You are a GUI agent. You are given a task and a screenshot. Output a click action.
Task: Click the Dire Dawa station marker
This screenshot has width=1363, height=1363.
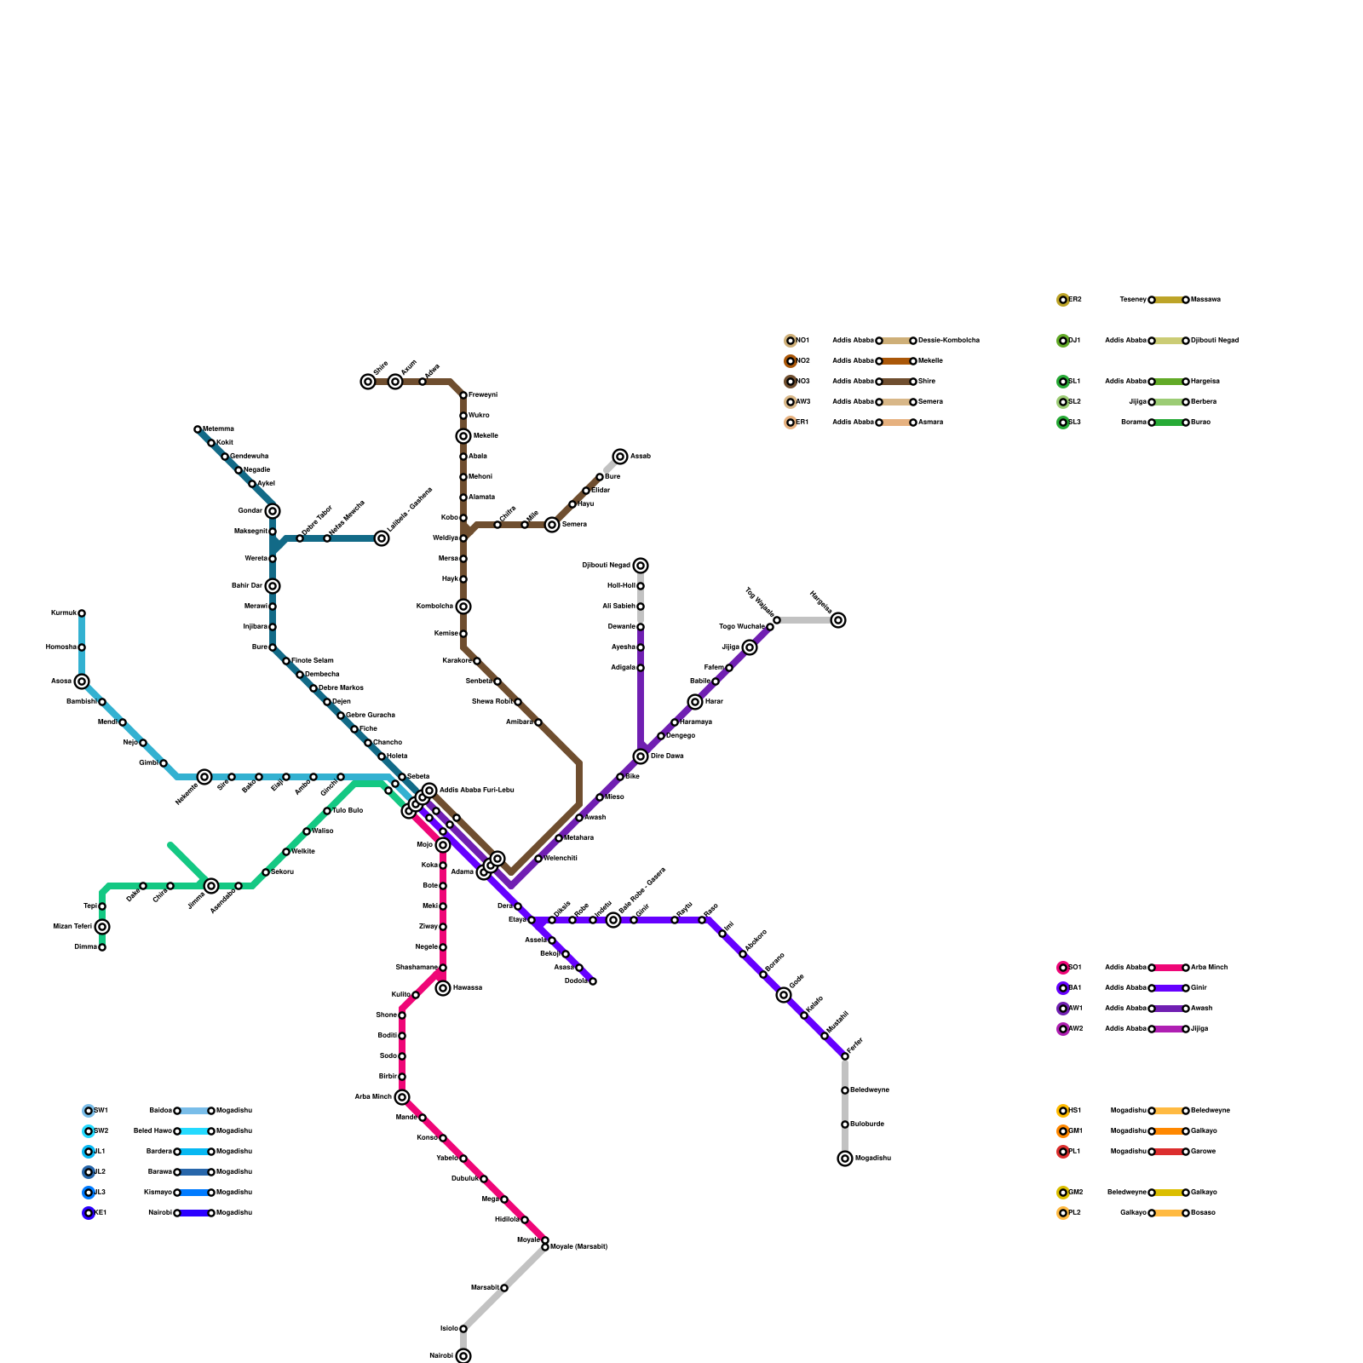641,756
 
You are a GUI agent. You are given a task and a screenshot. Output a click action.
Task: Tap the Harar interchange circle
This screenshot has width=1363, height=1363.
695,702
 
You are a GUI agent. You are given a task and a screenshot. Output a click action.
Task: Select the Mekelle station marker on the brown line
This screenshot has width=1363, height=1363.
463,436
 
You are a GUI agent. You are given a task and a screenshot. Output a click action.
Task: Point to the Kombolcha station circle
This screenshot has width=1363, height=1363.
463,607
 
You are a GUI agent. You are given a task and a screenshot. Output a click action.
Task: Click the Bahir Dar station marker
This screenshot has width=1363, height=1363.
273,586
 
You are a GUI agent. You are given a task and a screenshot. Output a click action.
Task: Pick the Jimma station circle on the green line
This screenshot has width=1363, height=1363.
211,886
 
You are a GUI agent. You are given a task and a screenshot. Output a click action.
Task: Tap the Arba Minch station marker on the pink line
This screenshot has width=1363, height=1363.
402,1097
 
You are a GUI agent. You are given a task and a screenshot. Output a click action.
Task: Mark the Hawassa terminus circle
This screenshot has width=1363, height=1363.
443,988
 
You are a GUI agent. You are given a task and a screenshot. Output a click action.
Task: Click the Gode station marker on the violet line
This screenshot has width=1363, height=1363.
784,995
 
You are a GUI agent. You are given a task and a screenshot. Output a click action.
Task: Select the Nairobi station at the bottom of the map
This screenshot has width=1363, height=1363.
463,1355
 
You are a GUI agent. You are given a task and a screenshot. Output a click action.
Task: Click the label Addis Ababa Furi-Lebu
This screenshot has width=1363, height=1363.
476,791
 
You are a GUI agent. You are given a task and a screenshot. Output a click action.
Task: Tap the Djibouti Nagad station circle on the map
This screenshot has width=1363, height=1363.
641,566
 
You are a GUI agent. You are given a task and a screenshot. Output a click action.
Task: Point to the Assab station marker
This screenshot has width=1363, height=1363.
620,457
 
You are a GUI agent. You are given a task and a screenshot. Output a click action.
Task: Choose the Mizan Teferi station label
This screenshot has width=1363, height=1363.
72,927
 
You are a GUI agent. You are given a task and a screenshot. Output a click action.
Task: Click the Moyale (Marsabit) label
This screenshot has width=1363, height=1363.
579,1247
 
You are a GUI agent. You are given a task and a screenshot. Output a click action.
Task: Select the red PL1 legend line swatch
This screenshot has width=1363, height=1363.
1169,1152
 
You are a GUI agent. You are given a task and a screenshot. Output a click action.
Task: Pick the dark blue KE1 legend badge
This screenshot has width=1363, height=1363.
89,1213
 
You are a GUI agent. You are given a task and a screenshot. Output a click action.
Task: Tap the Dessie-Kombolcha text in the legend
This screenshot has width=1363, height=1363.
949,341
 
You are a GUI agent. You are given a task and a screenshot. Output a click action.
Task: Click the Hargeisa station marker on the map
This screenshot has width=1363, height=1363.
838,620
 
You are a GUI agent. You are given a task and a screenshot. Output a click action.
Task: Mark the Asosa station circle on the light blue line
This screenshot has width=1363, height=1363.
82,681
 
